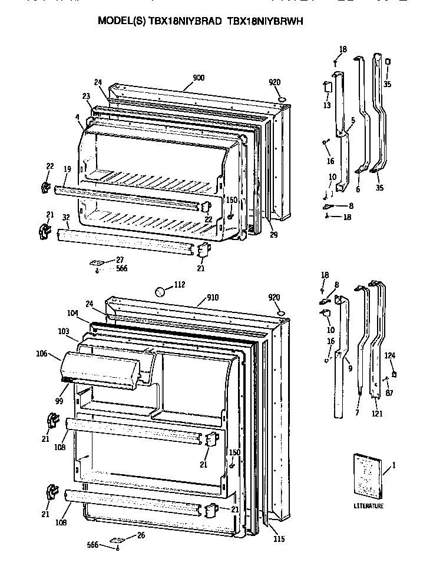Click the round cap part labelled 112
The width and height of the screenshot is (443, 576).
point(160,291)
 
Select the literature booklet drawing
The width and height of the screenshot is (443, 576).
point(368,475)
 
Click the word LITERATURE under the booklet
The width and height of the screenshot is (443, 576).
point(369,505)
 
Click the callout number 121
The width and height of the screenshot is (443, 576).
point(377,414)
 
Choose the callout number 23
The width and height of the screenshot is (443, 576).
point(86,96)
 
